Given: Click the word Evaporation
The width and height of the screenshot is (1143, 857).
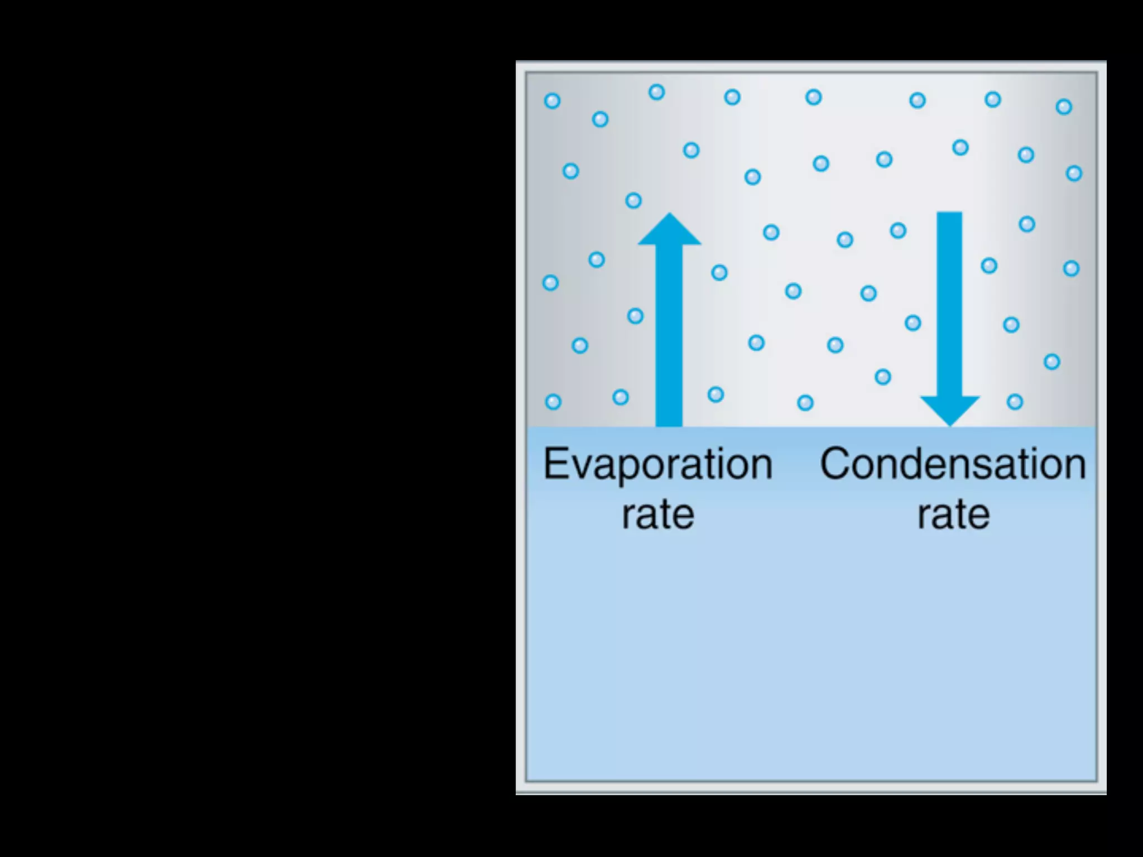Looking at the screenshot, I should (657, 464).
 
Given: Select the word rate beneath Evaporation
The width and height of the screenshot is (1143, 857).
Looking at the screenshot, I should (658, 514).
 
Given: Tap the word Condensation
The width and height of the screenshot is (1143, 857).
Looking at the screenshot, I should (953, 464).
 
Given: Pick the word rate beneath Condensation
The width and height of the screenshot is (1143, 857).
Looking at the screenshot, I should (953, 514).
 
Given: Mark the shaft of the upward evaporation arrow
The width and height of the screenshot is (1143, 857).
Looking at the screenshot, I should (669, 335).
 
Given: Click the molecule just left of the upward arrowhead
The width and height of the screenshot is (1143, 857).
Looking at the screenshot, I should (633, 200).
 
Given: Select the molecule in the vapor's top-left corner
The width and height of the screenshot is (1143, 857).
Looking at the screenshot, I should (552, 101).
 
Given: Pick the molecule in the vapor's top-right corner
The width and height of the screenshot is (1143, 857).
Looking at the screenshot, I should (1064, 107).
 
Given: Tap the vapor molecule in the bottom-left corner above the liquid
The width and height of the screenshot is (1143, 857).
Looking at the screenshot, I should (553, 402).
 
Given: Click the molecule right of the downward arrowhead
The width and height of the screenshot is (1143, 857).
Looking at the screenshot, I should (1015, 402).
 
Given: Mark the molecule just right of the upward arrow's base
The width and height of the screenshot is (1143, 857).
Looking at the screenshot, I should (715, 394).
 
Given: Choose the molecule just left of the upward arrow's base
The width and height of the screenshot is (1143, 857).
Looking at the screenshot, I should (621, 397).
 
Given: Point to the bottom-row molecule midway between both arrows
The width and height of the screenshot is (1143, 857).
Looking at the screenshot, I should (805, 402).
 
